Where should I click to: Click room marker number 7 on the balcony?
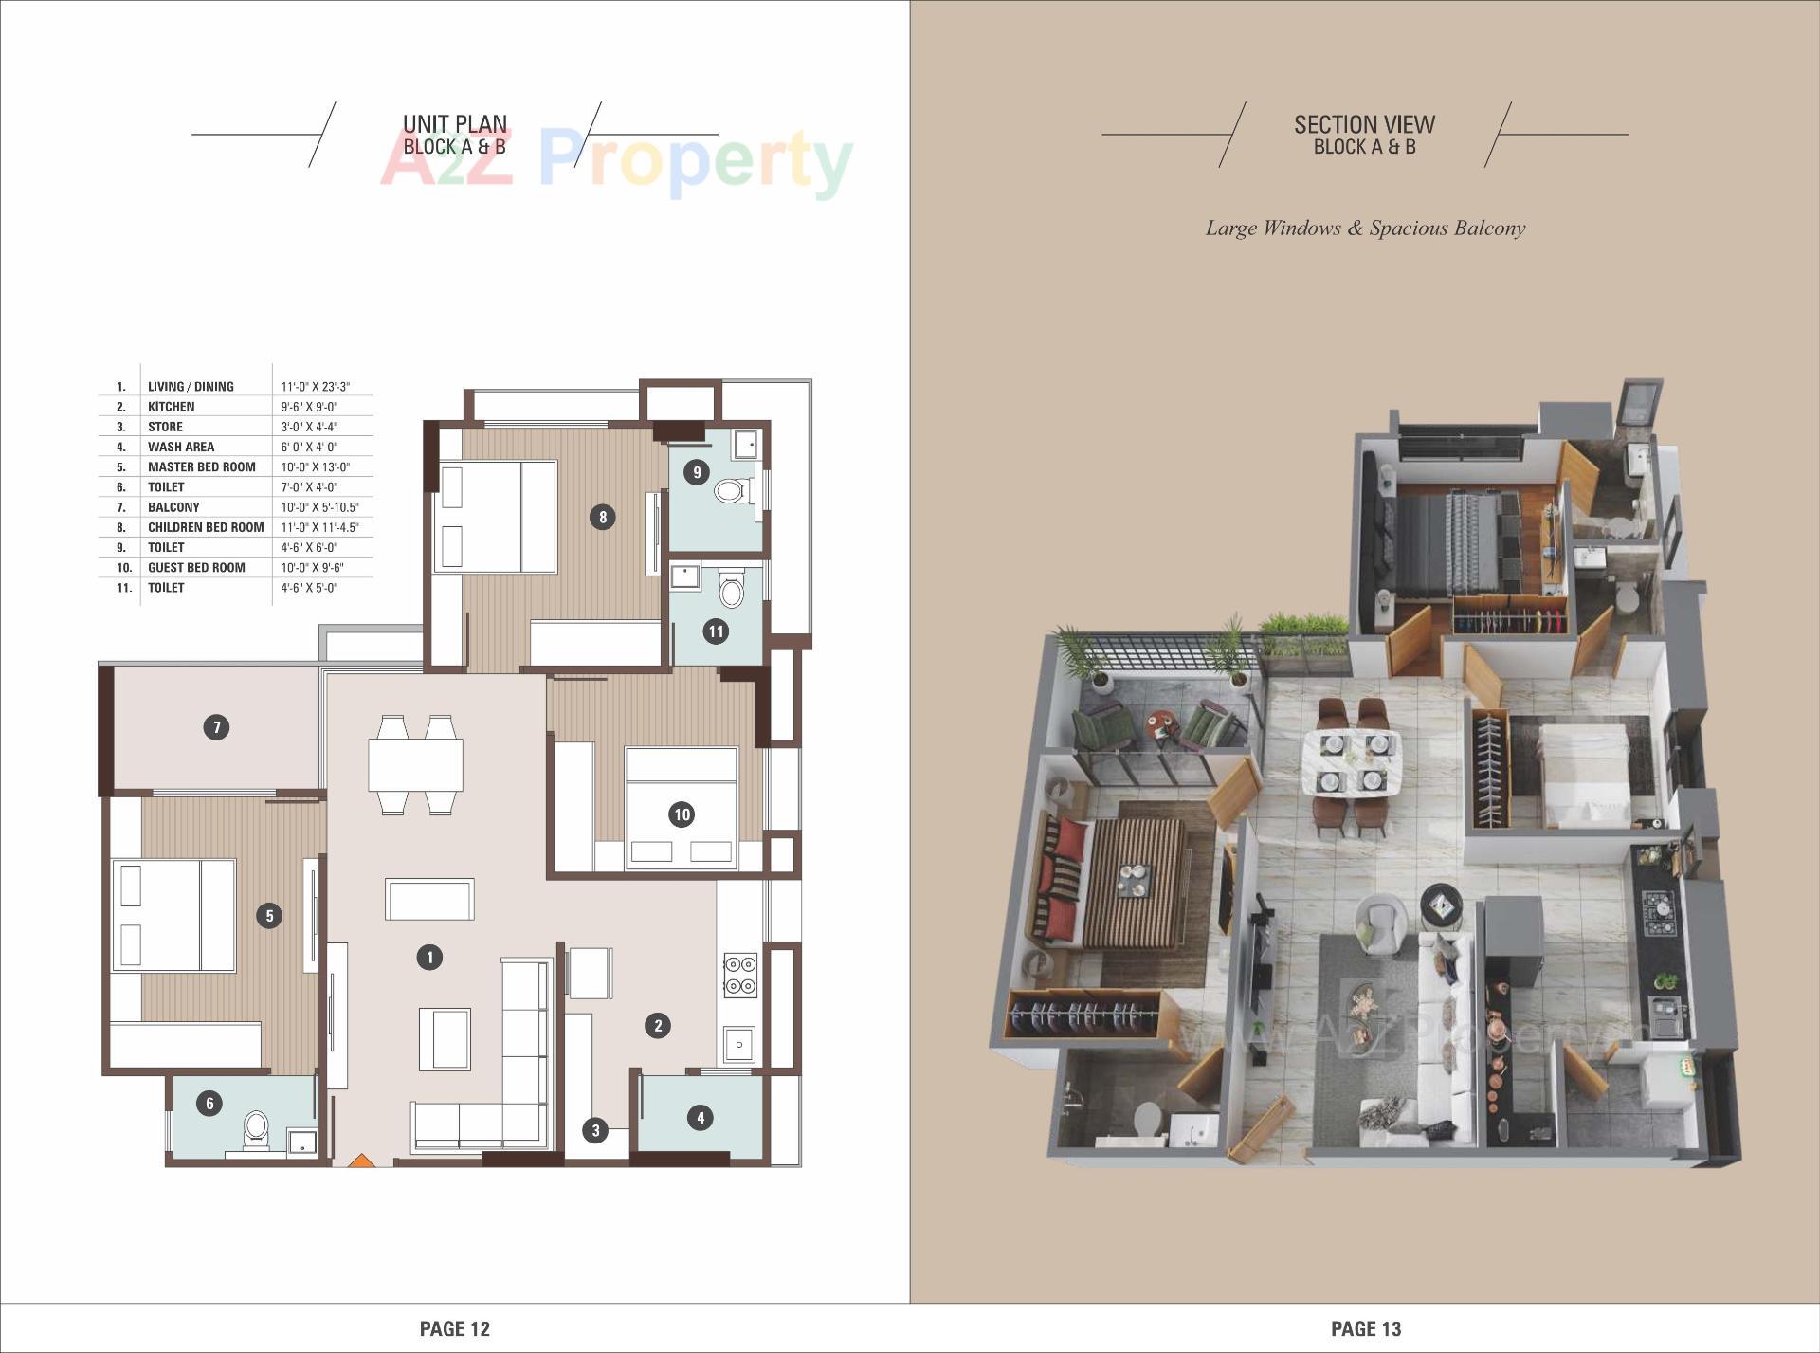tap(217, 727)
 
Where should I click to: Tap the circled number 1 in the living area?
tap(429, 958)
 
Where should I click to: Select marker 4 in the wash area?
tap(701, 1117)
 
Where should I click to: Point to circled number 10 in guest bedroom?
tap(682, 814)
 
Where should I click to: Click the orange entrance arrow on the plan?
tap(360, 1160)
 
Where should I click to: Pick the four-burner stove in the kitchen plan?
tap(740, 976)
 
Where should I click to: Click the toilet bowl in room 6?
tap(256, 1128)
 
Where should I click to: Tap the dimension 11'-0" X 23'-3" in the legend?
tap(316, 387)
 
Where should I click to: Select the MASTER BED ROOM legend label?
tap(201, 466)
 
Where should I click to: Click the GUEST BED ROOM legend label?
tap(196, 567)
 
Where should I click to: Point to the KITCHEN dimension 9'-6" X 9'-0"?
tap(309, 407)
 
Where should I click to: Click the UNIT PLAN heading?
tap(455, 124)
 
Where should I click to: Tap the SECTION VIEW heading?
tap(1364, 124)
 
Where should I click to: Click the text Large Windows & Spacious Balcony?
tap(1365, 229)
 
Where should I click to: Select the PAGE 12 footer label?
tap(455, 1328)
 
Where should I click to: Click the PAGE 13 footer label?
tap(1366, 1328)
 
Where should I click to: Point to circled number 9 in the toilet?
tap(697, 471)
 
